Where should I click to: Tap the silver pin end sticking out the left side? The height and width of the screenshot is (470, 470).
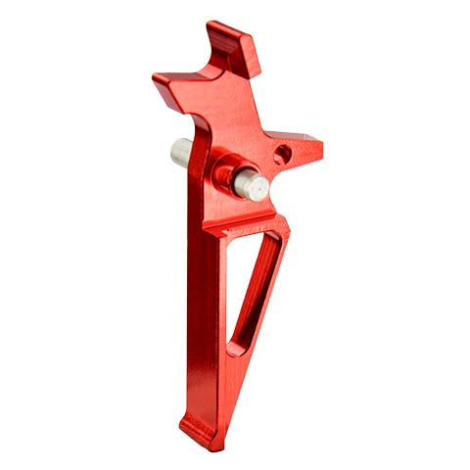[x=178, y=153]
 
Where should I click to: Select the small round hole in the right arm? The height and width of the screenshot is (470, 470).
[x=282, y=154]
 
